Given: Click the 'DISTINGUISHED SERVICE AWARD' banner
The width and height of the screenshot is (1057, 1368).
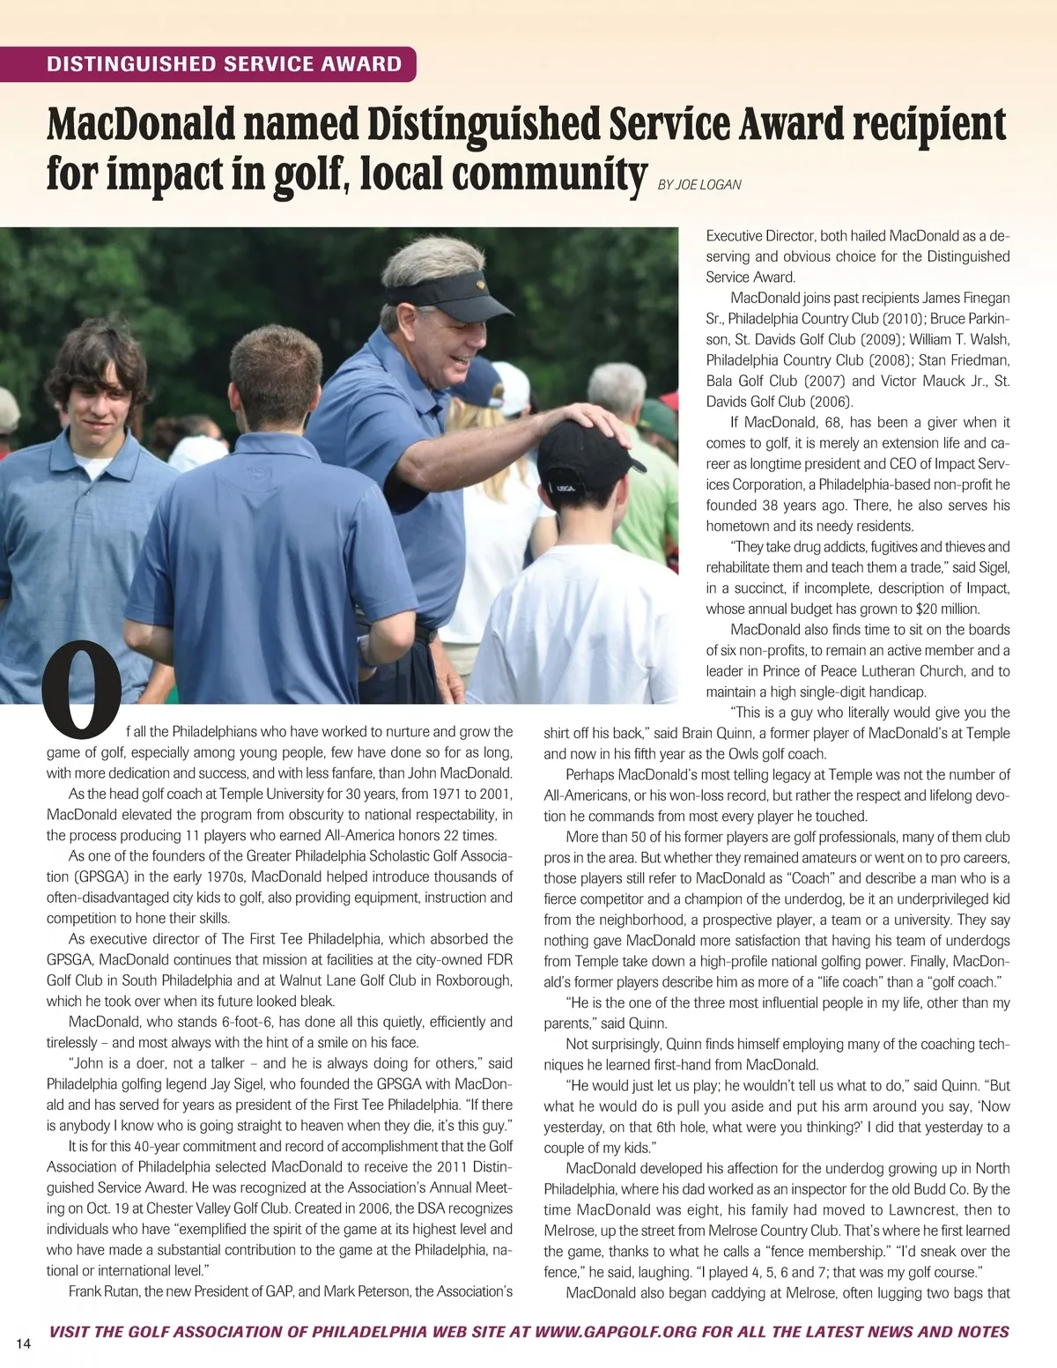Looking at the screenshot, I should click(x=224, y=64).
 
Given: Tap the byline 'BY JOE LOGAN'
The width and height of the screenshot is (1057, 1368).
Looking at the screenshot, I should click(x=699, y=185).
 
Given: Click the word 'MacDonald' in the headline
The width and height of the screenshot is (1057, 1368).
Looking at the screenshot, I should click(x=140, y=125).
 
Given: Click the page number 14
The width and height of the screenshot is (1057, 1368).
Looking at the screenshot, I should click(x=23, y=1343).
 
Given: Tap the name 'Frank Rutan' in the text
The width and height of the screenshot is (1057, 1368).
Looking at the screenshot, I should click(x=103, y=1291).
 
